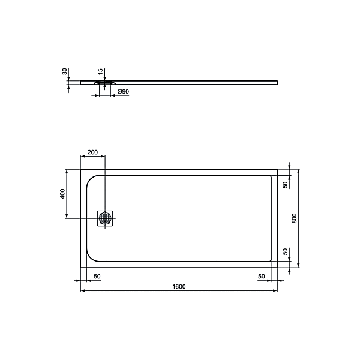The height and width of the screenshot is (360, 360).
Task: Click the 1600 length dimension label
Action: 178,286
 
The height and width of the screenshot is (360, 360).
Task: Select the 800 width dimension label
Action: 294,218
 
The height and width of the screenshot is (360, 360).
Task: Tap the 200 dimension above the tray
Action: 92,152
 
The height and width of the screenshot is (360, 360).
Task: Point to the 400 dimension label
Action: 62,194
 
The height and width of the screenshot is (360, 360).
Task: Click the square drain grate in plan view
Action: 106,219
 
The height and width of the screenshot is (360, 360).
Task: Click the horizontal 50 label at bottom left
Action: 97,276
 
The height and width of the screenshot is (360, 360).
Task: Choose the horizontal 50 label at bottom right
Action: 261,276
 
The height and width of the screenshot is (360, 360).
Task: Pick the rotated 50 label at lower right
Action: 284,252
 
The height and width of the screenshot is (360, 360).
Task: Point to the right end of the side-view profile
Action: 277,82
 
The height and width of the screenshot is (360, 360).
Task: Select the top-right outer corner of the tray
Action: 277,169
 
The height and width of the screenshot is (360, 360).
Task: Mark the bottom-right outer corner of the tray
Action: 277,268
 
